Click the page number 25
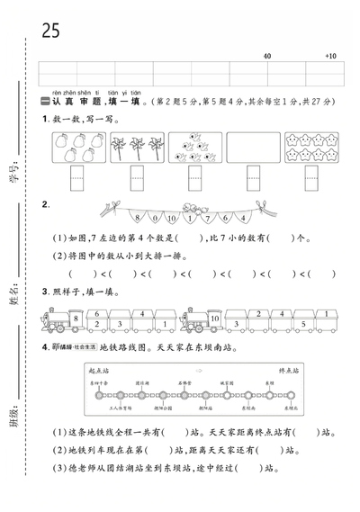(49, 30)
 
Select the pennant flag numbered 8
(138, 217)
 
